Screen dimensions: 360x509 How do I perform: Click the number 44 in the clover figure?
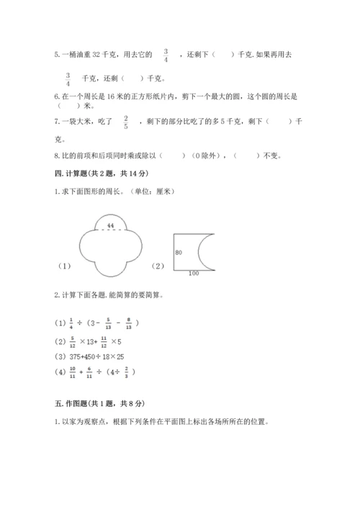(111, 226)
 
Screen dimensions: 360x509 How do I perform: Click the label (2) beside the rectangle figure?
(158, 266)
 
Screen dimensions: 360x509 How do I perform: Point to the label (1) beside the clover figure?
(65, 266)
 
